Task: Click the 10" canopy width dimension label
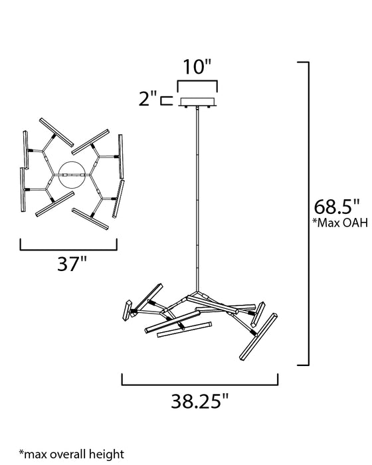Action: [x=197, y=66]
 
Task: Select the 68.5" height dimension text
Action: [x=337, y=207]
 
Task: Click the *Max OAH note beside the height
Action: [x=339, y=223]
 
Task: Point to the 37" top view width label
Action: [x=72, y=263]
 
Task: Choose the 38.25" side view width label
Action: [x=200, y=401]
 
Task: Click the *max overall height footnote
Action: [x=72, y=454]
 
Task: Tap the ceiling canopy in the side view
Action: [x=197, y=102]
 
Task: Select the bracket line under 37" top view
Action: [x=68, y=250]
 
